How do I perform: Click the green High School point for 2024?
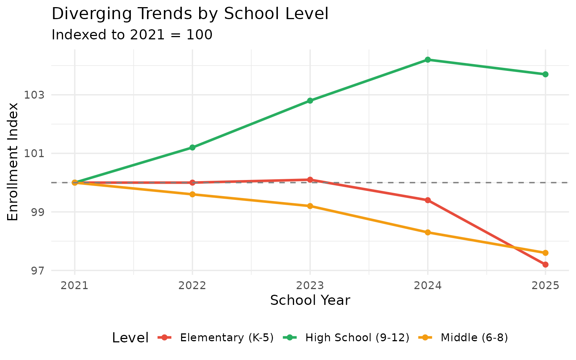click(x=427, y=60)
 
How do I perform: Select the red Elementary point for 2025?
click(x=545, y=264)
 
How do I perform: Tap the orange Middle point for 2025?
click(x=545, y=253)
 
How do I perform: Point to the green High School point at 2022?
click(x=192, y=147)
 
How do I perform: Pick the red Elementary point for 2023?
click(x=310, y=180)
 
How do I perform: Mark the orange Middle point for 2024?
click(x=427, y=232)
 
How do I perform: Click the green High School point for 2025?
click(x=545, y=74)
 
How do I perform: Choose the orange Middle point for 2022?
click(x=192, y=194)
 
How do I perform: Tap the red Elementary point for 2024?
click(x=427, y=200)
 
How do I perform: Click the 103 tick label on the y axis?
click(x=34, y=95)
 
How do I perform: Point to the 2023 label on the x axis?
click(x=310, y=286)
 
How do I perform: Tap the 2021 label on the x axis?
click(x=75, y=286)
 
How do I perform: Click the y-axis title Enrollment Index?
click(x=13, y=162)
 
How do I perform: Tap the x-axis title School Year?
click(x=310, y=300)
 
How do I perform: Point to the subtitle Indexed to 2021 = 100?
click(x=132, y=35)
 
